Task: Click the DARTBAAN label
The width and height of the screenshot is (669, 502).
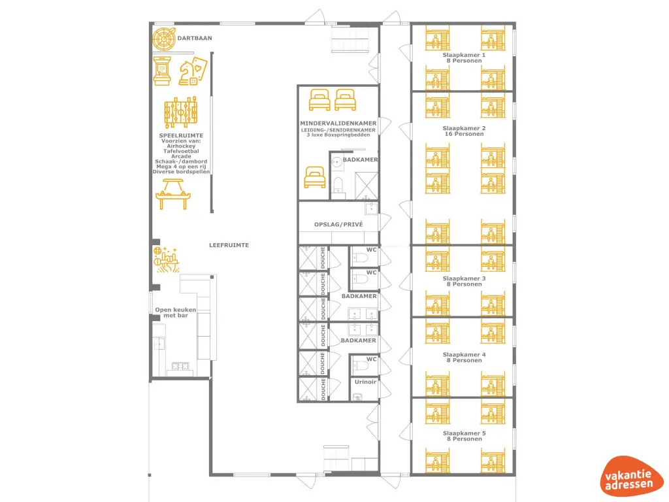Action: [x=195, y=39]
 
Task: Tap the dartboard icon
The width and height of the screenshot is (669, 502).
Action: [x=163, y=39]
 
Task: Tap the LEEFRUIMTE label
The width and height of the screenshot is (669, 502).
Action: [x=229, y=245]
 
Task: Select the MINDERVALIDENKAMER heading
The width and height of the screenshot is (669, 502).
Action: [x=338, y=123]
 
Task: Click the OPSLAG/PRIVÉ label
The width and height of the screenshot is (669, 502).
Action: [x=338, y=224]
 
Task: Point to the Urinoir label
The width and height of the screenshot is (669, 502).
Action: [x=365, y=382]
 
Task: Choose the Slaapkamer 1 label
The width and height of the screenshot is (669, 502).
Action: [x=464, y=56]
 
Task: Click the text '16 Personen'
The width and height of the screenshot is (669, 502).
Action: [x=464, y=134]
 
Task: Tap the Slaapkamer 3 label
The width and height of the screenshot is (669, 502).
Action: [x=464, y=278]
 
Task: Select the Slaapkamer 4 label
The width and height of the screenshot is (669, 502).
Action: [x=464, y=355]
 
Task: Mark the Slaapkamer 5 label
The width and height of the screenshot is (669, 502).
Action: [x=464, y=433]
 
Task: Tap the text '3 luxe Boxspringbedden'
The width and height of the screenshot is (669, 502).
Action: [x=338, y=135]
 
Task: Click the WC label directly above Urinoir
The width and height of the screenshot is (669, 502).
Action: [x=371, y=359]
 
